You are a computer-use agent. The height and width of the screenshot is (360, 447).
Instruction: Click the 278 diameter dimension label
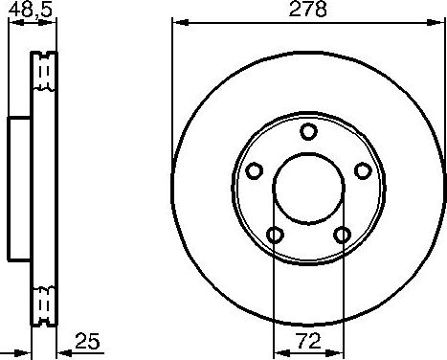307,11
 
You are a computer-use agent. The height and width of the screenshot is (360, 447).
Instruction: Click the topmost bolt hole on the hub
308,131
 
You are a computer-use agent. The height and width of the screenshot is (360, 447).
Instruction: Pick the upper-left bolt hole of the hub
255,170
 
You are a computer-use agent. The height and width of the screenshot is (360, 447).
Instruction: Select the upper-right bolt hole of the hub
362,170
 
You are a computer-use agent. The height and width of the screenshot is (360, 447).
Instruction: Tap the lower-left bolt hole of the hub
275,234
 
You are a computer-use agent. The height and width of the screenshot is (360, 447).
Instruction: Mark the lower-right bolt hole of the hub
342,234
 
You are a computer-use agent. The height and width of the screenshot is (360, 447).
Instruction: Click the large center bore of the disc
308,188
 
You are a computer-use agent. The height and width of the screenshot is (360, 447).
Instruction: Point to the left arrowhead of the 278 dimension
177,22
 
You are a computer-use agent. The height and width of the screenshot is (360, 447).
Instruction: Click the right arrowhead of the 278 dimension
439,22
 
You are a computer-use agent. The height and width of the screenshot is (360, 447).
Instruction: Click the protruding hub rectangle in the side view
20,188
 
